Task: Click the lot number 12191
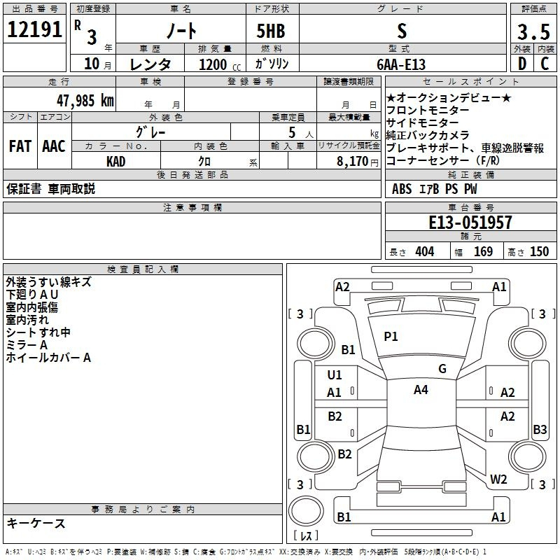pos(35,31)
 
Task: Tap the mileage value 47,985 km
pos(85,100)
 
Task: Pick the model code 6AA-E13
pos(401,64)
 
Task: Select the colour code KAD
pos(116,161)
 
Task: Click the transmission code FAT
pos(20,146)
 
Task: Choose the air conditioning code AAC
pos(53,146)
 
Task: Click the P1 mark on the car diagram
pos(391,337)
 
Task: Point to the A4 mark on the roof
pos(421,390)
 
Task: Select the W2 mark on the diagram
pos(498,479)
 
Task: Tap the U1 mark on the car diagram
pos(335,374)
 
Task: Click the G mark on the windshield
pos(442,369)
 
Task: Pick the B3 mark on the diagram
pos(540,429)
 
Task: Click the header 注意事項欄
pos(192,208)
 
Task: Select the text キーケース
pos(36,523)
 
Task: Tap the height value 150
pos(539,252)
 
